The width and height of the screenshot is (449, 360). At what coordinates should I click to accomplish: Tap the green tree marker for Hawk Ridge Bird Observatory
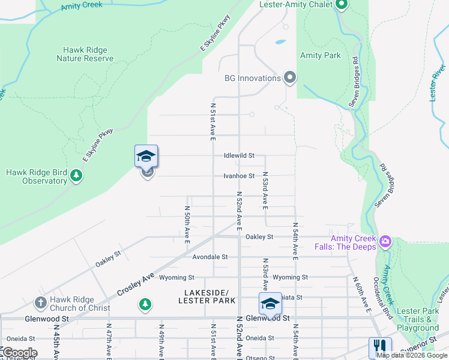tap(76, 176)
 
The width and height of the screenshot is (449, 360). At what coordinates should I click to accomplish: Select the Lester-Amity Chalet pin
tap(342, 5)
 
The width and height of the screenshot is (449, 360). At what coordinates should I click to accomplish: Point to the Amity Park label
tap(320, 55)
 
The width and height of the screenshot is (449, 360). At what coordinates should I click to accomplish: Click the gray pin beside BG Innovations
tap(290, 78)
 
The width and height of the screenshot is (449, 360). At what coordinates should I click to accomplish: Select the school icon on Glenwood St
tap(270, 304)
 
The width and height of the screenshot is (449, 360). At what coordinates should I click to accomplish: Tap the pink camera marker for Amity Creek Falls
tap(385, 242)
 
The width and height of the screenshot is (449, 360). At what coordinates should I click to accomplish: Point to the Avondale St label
tap(210, 257)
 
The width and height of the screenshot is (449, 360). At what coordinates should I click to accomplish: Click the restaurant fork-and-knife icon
tap(380, 347)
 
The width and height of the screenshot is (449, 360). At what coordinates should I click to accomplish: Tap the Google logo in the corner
tap(19, 353)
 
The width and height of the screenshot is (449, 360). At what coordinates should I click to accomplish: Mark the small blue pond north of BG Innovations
tap(280, 43)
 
